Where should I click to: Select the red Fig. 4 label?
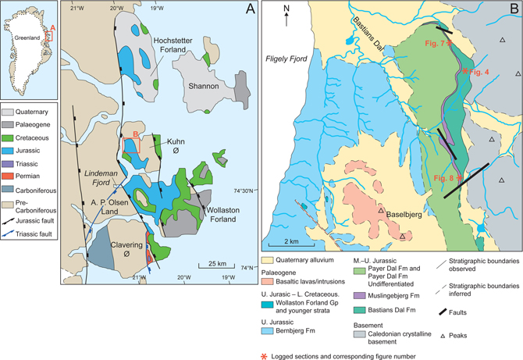[x=475, y=72]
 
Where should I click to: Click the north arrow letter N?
[x=286, y=9]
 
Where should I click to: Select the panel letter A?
[x=250, y=10]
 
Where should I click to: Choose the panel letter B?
[x=513, y=10]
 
